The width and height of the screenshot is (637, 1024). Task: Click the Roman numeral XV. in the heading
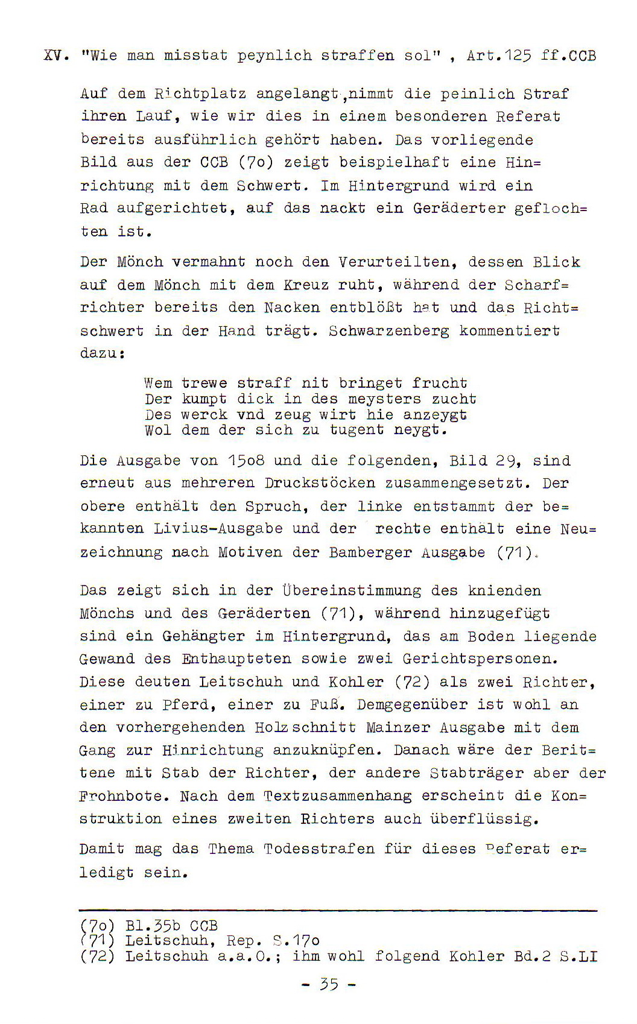coord(55,56)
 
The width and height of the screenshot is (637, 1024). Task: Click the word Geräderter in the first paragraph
coord(459,209)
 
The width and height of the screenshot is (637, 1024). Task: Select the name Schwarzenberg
coord(389,331)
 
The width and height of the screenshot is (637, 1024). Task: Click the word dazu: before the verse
coord(102,353)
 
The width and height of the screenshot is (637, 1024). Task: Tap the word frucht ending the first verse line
coord(440,383)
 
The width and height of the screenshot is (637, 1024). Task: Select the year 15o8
coord(246,461)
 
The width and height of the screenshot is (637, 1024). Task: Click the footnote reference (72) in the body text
coord(412,682)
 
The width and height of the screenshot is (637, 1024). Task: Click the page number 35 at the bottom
coord(329,985)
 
